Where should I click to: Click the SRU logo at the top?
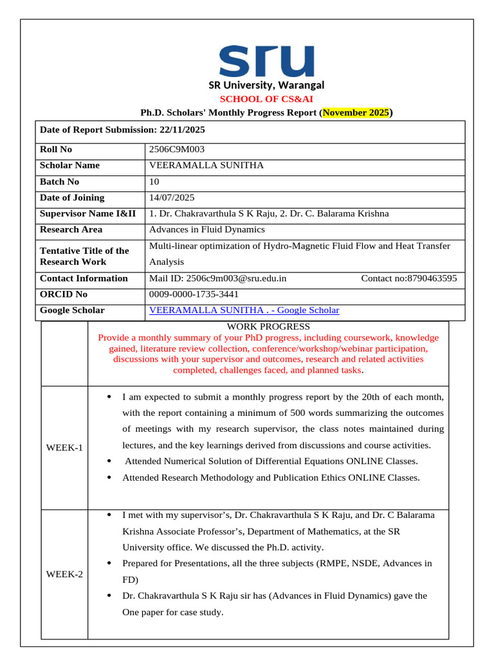coord(266,61)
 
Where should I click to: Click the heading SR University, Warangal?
coord(266,85)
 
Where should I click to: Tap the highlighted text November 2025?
coord(356,112)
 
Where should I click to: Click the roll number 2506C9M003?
coord(177,149)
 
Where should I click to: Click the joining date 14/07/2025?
coord(172,198)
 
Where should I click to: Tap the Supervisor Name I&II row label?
coord(87,214)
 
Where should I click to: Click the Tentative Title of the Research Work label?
coord(84,256)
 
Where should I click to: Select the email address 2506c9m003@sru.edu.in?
coord(236,278)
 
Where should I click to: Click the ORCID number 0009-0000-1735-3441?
coord(194,294)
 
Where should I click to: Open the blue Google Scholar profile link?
coord(244,310)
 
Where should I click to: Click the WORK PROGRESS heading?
coord(268,326)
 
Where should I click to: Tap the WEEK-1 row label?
coord(64,447)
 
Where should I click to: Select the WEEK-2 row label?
coord(64,574)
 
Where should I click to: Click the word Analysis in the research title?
coord(167,262)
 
